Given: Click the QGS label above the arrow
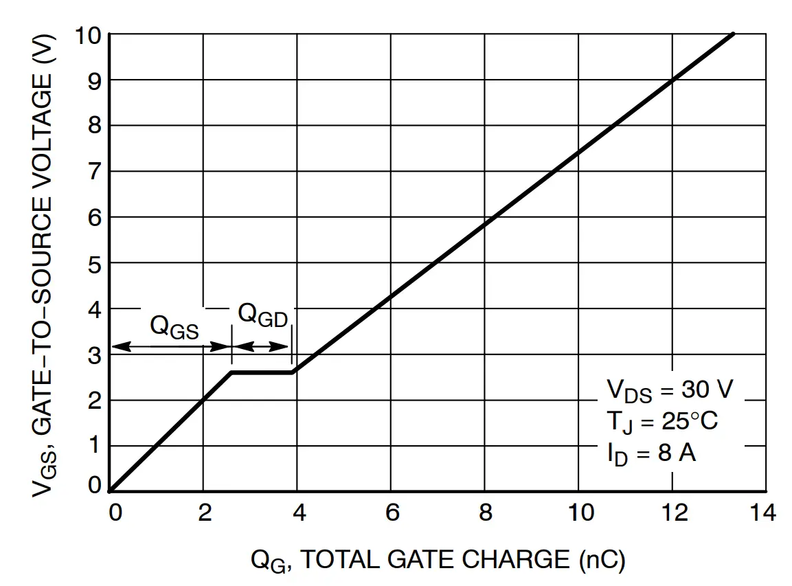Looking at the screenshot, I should [x=174, y=327].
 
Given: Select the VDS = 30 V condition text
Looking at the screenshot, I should [x=670, y=390].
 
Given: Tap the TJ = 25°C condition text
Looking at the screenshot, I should [x=661, y=420].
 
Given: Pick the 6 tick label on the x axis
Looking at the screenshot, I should [x=392, y=513].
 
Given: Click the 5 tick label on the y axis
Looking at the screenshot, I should [x=94, y=264].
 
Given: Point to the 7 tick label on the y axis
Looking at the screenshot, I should [x=94, y=172].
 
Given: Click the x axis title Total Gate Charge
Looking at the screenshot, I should [x=438, y=560].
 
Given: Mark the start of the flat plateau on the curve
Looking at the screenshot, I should [x=231, y=372].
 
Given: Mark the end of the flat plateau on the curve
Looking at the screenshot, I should [x=293, y=372].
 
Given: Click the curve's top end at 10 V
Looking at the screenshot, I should [x=734, y=33].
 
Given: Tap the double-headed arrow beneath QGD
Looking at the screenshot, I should [x=262, y=347].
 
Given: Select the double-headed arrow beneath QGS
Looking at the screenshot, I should [x=171, y=347].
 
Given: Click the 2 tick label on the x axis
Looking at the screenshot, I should [x=204, y=513].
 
